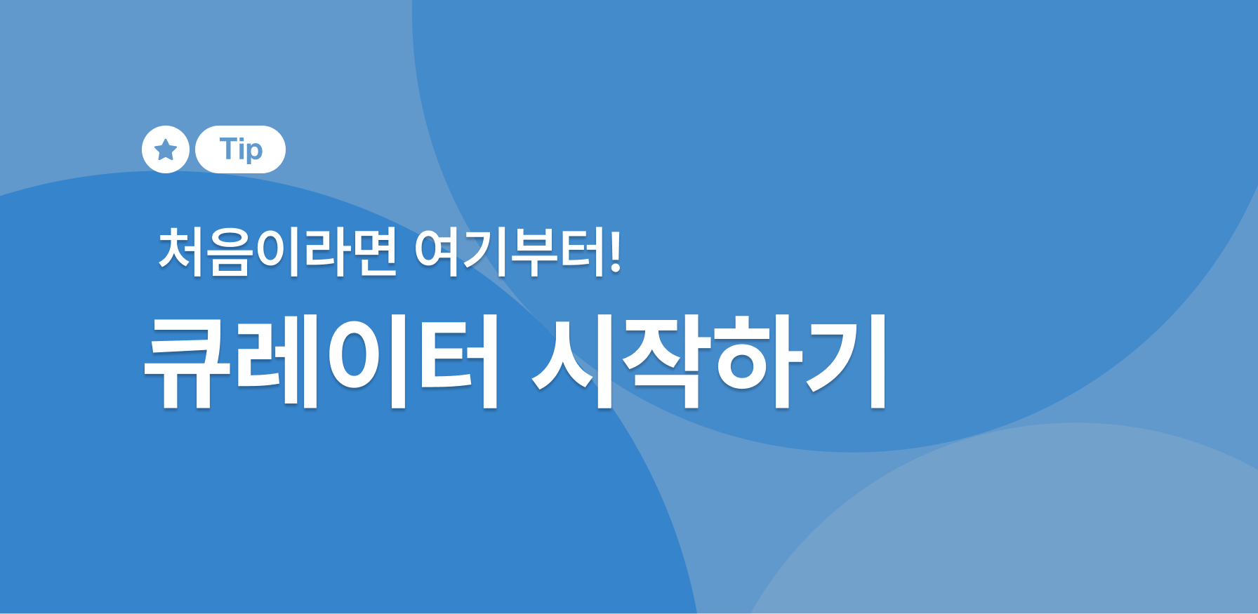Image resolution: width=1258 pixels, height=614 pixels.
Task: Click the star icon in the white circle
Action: point(166,149)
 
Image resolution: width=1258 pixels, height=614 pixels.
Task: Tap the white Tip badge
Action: point(240,149)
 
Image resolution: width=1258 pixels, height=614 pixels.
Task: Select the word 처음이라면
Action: point(278,252)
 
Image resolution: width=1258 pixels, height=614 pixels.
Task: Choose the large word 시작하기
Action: point(710,361)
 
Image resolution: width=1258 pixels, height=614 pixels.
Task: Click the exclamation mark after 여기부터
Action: point(616,253)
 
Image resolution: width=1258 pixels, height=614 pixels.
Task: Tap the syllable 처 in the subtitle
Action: point(182,252)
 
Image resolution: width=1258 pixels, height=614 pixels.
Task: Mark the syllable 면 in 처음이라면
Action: point(374,252)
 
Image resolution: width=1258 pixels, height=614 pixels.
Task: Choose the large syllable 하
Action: point(755,361)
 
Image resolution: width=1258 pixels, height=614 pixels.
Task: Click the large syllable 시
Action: point(574,361)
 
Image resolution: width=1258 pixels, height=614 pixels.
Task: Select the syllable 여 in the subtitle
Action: point(437,252)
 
